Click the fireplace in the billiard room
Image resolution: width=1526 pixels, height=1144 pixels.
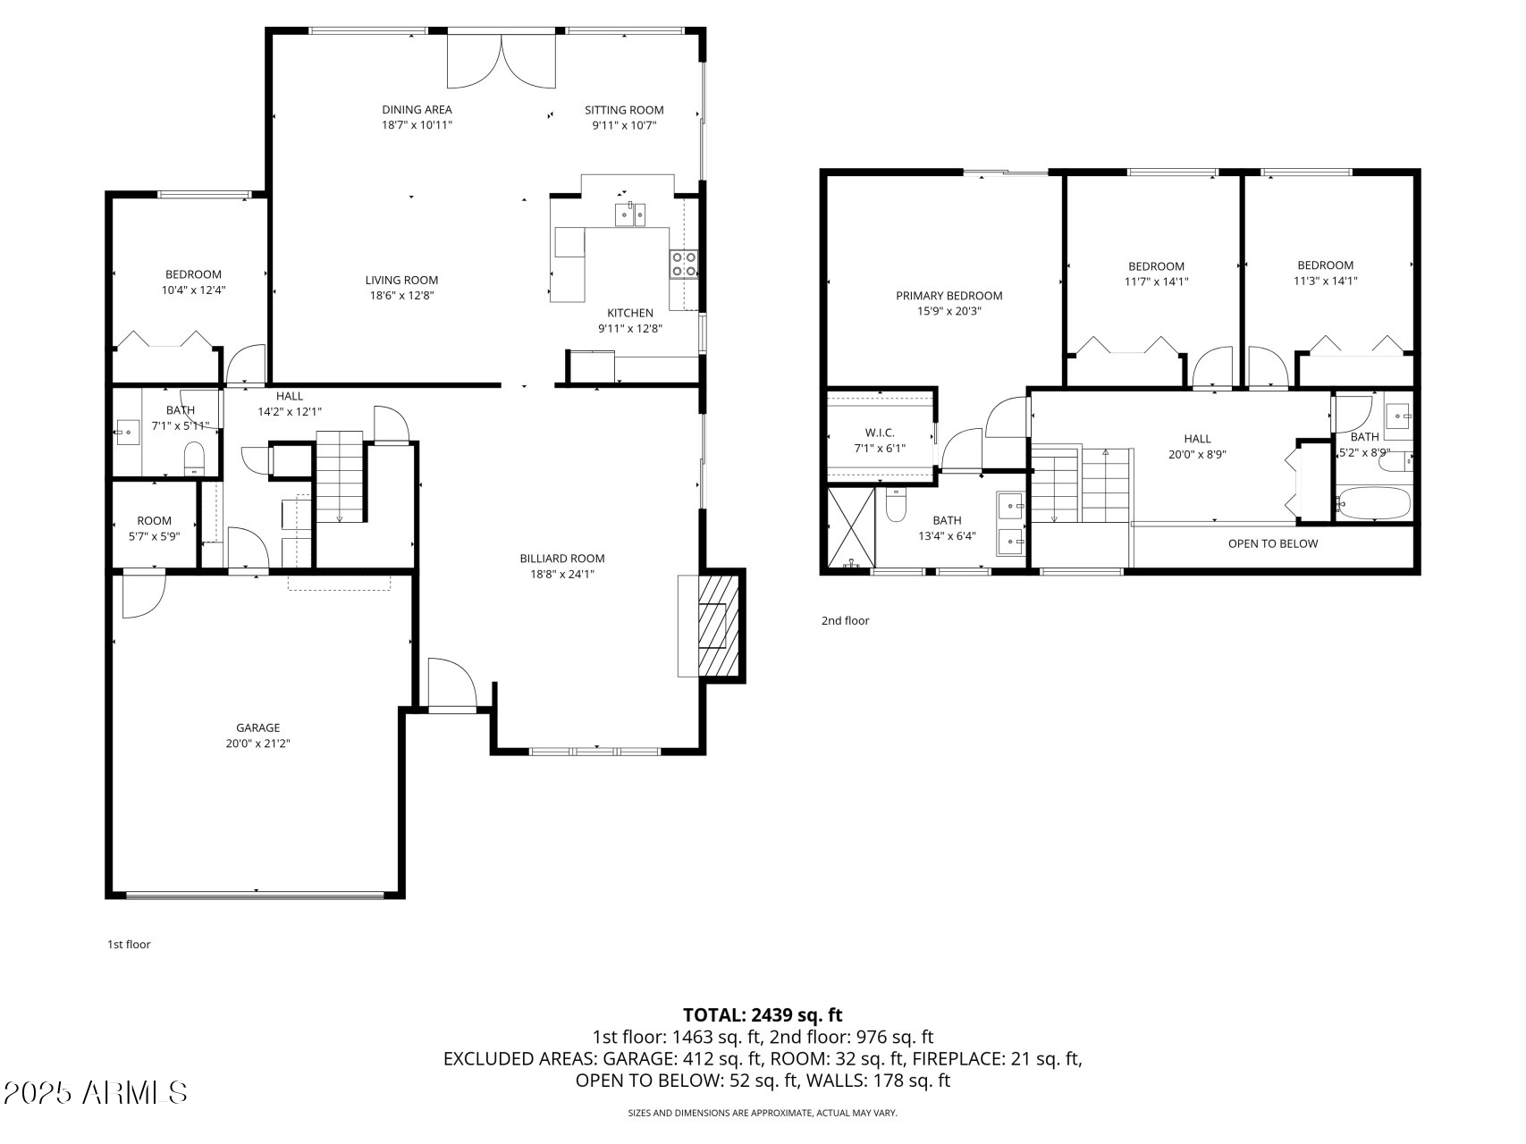(719, 625)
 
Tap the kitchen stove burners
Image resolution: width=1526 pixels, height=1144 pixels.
(684, 265)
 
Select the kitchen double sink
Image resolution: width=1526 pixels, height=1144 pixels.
(630, 215)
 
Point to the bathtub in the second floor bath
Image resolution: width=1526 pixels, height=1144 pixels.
(1373, 503)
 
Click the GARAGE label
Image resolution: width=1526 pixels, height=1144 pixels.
(257, 728)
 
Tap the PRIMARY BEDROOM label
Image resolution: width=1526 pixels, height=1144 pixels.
(948, 296)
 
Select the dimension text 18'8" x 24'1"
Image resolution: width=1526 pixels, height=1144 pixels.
(562, 575)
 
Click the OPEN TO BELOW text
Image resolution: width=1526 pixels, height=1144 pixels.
(1272, 543)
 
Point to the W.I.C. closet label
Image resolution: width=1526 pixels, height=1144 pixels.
(880, 433)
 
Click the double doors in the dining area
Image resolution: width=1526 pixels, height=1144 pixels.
(502, 61)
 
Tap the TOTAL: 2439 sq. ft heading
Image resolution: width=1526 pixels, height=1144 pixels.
(763, 1014)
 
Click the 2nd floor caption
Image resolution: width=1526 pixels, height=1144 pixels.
(845, 620)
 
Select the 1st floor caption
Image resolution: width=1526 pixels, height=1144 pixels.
(129, 944)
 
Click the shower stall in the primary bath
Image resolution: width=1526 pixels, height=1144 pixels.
(851, 527)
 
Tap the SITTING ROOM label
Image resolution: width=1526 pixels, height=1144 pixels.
(624, 110)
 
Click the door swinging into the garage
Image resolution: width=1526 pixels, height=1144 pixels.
(143, 594)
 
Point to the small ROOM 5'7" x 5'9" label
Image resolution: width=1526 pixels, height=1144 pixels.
(154, 521)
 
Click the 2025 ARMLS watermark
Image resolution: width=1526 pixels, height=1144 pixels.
(95, 1092)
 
